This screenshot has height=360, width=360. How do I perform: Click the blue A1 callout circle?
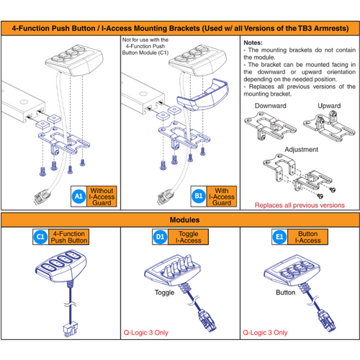pyautogui.click(x=79, y=194)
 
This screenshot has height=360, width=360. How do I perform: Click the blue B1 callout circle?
pyautogui.click(x=199, y=194)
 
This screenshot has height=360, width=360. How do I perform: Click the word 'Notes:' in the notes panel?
pyautogui.click(x=253, y=43)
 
